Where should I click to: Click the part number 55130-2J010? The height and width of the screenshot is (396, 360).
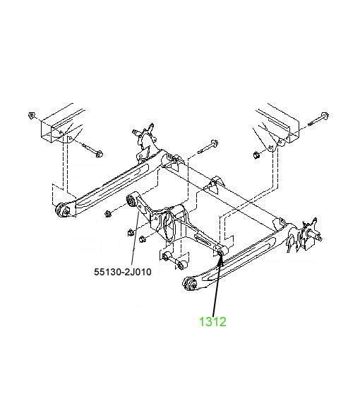click(x=123, y=272)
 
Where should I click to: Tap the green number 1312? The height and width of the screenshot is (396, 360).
click(x=212, y=322)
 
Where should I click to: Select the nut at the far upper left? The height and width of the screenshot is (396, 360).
click(x=32, y=116)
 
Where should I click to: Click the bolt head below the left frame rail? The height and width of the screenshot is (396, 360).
click(x=99, y=154)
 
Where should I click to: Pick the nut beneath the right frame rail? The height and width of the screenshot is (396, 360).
click(x=257, y=155)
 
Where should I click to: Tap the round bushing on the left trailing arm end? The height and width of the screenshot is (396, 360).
click(x=62, y=210)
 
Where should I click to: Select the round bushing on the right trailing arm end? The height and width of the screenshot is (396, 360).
click(x=189, y=284)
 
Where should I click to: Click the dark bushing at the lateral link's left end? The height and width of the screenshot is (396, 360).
click(x=131, y=200)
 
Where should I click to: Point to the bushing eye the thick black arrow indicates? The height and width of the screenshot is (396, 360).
click(x=220, y=252)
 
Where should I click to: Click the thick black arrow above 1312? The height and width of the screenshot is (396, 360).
click(x=217, y=284)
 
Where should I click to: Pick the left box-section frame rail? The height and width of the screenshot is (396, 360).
click(x=62, y=124)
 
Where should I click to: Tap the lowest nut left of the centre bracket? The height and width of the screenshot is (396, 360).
click(x=142, y=239)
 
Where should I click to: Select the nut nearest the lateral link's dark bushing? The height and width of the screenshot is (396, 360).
click(x=108, y=214)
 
